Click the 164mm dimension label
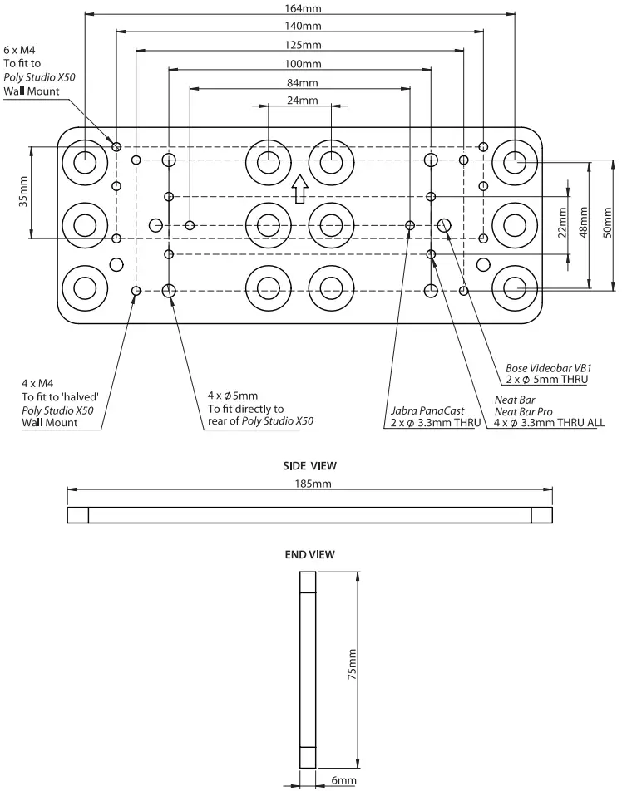(x=301, y=9)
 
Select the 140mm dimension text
(x=301, y=27)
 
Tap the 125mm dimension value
(x=301, y=45)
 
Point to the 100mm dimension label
(x=301, y=64)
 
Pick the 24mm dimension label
(x=301, y=101)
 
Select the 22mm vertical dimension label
(x=562, y=222)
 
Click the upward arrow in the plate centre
(x=299, y=189)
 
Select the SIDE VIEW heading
(x=309, y=467)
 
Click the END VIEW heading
(x=309, y=553)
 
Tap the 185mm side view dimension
(x=309, y=484)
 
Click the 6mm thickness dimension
(x=342, y=781)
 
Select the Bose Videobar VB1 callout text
(x=548, y=367)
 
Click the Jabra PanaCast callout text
(x=426, y=410)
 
